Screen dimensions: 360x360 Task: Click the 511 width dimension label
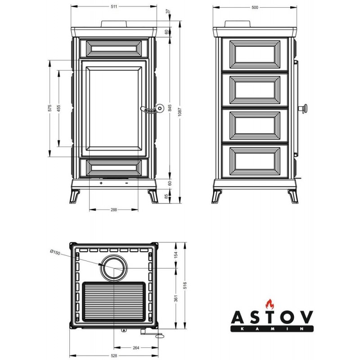point(114,6)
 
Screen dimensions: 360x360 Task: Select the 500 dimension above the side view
point(255,7)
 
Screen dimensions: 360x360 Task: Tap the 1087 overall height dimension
point(180,112)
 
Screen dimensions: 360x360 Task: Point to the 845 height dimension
point(170,108)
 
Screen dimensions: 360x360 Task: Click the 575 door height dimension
point(50,108)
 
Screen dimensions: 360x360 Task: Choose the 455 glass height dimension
point(59,108)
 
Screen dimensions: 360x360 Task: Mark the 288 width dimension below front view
point(114,209)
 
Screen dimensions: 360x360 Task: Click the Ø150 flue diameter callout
point(55,252)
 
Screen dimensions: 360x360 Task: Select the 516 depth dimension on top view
point(185,285)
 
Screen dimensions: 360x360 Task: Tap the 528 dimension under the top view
point(114,355)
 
